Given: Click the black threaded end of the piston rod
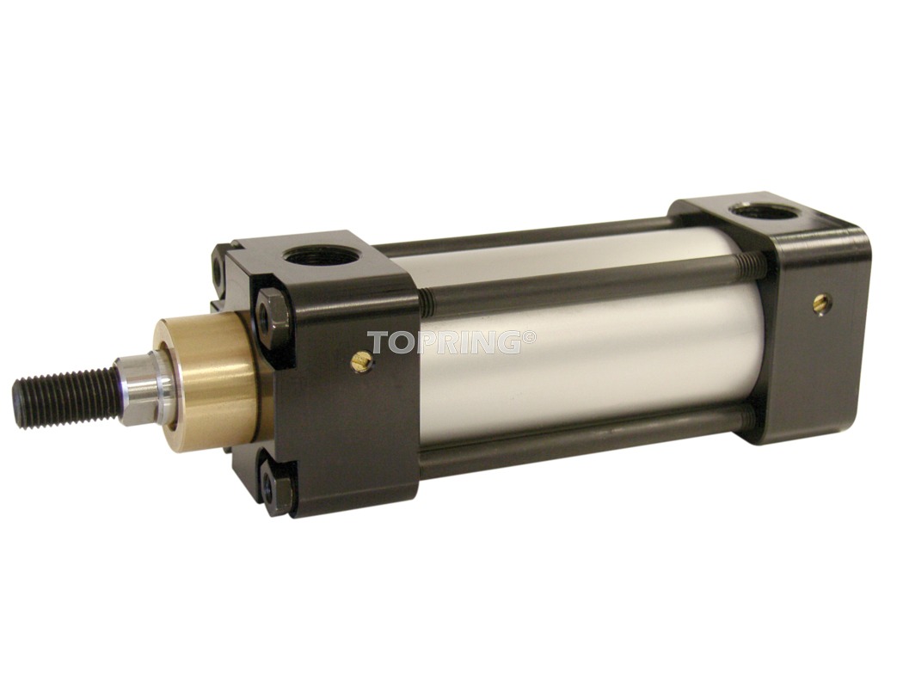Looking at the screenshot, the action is coord(64,391).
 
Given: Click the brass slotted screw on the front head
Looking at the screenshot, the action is coord(361,361).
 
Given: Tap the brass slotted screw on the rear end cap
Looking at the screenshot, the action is coord(820,300).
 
